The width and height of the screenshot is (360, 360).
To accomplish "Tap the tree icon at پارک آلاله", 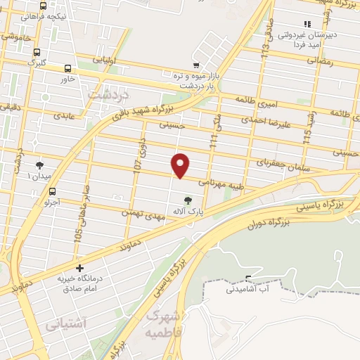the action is point(187,198).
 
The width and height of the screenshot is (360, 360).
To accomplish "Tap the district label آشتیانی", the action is point(65,324).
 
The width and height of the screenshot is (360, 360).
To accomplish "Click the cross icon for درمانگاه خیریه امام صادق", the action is point(79,268).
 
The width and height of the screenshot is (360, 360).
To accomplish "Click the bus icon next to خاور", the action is point(67,69).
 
